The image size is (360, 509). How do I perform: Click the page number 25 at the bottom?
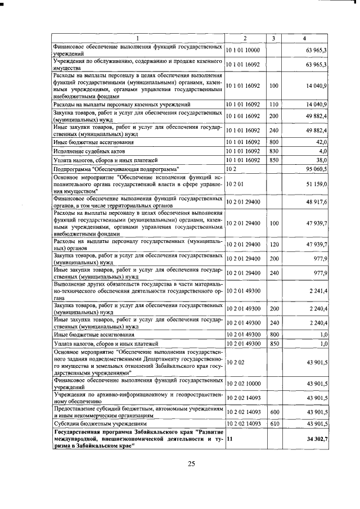(x=191, y=463)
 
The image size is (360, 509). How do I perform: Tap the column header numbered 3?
(x=273, y=38)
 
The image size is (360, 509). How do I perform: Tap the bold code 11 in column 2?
(x=229, y=438)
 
